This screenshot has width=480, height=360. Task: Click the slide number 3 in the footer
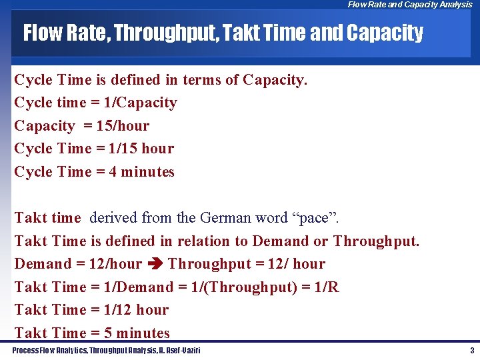[x=472, y=350]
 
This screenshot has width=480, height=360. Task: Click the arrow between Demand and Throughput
[x=155, y=264]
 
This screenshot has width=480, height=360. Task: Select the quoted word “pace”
[x=317, y=218]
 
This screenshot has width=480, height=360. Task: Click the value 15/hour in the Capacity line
[x=123, y=126]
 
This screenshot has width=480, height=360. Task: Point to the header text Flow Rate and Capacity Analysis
[x=409, y=5]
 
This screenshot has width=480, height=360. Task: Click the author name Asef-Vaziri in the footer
[x=181, y=350]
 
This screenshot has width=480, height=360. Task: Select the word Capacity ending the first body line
[x=273, y=80]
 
